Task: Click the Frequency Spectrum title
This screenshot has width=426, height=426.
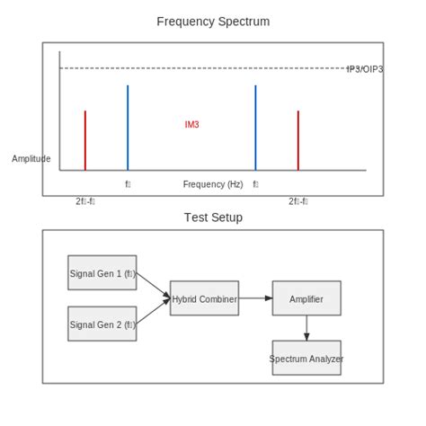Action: coord(213,22)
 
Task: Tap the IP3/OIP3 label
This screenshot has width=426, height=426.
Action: coord(364,69)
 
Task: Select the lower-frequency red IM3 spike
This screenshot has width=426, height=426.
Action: coord(85,140)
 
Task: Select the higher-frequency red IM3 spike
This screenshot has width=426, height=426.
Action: coord(298,140)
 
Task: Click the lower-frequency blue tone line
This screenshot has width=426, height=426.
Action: coord(128,128)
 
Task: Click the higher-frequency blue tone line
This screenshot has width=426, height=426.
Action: coord(255,128)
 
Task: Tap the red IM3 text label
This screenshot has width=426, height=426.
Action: coord(191,125)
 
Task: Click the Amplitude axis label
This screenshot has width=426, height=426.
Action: coord(31,159)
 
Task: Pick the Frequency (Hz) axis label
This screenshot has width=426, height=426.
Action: coord(213,184)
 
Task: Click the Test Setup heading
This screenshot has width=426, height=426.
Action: coord(213,217)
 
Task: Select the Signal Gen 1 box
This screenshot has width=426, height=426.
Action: coord(102,272)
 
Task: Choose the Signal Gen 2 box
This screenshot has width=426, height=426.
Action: coord(102,324)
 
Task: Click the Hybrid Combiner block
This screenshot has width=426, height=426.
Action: coord(205,298)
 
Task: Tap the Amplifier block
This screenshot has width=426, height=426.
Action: coord(306,298)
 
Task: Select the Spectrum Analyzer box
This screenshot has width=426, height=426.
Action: coord(306,358)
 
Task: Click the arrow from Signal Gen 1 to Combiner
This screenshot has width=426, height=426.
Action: coord(153,284)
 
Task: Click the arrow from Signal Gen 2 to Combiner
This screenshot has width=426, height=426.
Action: coord(153,312)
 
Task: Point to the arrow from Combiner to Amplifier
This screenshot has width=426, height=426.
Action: coord(255,298)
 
